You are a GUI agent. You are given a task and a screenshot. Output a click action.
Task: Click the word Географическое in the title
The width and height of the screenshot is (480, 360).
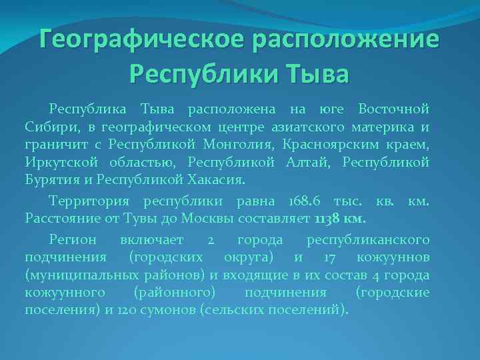click(141, 39)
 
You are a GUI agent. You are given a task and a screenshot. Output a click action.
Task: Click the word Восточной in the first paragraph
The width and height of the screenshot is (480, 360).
click(393, 109)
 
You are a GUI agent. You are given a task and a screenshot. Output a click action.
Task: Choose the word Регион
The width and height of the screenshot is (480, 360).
click(73, 239)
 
